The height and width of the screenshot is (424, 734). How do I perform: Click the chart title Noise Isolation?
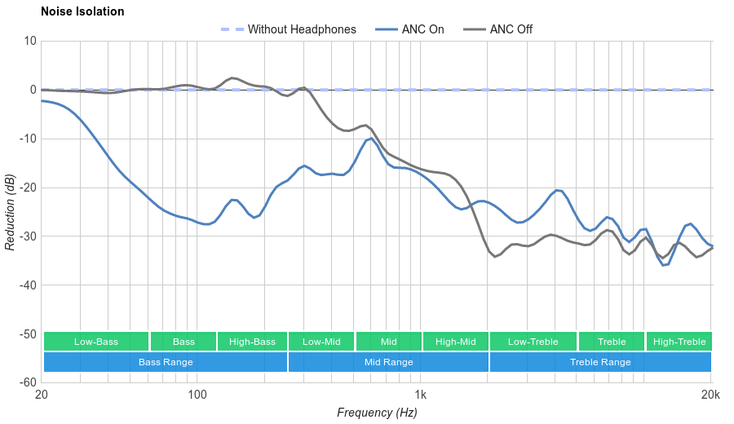(x=82, y=12)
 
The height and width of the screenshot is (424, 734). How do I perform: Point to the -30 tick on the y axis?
(x=27, y=236)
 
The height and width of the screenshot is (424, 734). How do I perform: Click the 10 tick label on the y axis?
(x=30, y=41)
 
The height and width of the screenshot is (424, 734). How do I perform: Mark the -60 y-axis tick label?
(x=27, y=382)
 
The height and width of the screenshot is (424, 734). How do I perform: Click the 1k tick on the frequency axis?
(x=422, y=395)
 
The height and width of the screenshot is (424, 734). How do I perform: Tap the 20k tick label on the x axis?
(x=710, y=395)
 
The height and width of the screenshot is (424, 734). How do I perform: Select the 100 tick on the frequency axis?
(x=197, y=395)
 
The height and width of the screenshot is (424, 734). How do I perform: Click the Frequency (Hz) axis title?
(x=377, y=413)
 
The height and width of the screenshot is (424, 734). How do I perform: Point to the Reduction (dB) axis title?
(x=10, y=212)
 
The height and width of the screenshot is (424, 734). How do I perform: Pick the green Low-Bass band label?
(x=96, y=342)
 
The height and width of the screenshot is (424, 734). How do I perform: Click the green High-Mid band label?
(x=455, y=342)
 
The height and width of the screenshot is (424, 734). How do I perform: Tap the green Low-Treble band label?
(x=533, y=342)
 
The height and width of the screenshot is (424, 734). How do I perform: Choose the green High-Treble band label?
(x=679, y=342)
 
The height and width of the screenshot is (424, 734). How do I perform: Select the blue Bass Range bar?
(x=166, y=362)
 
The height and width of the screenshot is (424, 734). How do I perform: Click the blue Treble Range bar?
(x=600, y=362)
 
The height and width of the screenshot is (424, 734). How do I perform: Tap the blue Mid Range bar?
(x=388, y=362)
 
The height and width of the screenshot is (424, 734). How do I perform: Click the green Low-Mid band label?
(x=321, y=342)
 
